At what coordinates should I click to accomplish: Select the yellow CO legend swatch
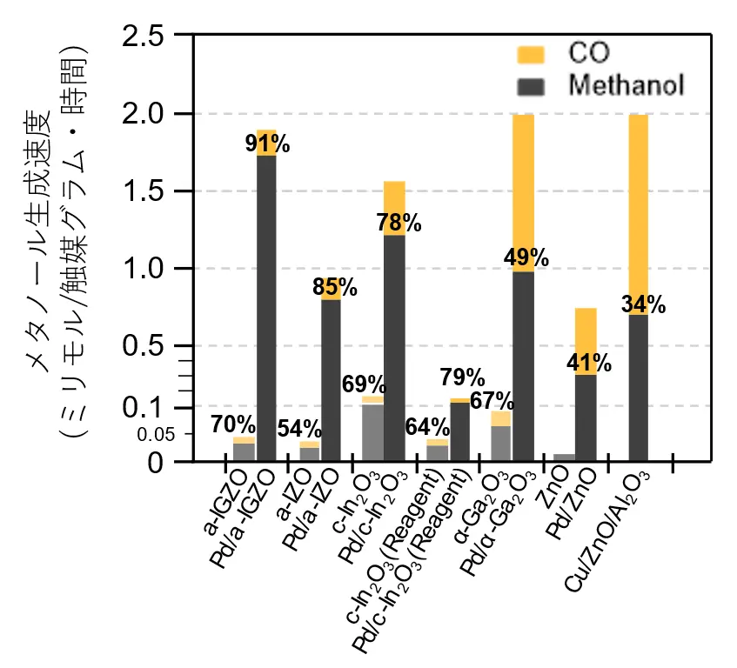530,55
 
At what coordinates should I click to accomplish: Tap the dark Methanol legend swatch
530,86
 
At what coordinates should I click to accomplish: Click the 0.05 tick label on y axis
156,434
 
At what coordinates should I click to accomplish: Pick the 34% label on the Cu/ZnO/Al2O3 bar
643,304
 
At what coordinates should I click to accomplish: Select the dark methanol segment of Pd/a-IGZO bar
265,304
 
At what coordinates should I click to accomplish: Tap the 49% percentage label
526,258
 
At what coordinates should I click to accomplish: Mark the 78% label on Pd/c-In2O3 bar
399,224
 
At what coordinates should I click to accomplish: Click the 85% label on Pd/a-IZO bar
334,288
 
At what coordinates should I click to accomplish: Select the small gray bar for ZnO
564,458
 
